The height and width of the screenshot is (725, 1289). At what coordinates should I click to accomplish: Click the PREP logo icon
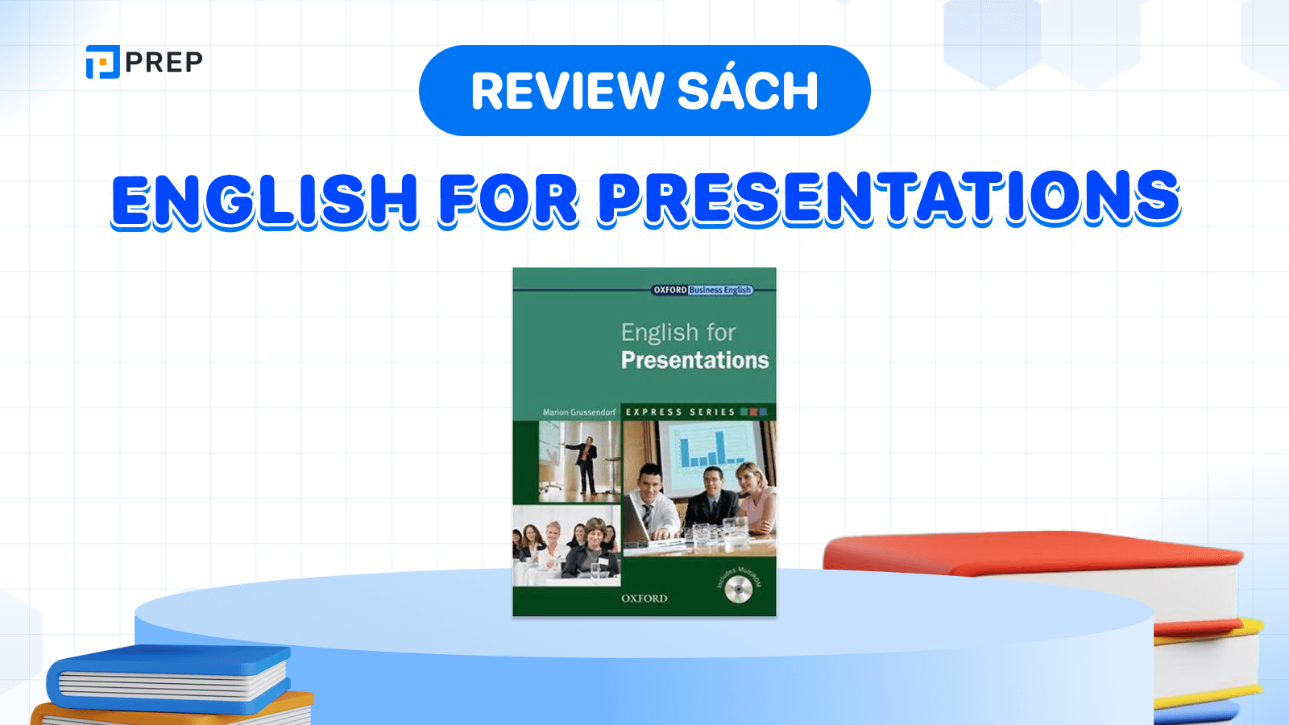click(x=102, y=62)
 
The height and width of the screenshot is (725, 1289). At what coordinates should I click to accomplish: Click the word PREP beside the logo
click(x=164, y=62)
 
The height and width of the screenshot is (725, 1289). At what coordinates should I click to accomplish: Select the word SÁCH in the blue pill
click(x=748, y=91)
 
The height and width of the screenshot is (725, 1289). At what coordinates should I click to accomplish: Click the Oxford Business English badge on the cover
click(x=702, y=290)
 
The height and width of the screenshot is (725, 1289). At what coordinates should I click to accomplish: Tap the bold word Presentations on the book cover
click(x=694, y=360)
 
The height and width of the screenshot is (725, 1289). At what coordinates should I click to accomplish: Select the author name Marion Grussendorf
click(x=578, y=412)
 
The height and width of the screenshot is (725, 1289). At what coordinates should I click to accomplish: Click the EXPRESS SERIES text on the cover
click(x=681, y=412)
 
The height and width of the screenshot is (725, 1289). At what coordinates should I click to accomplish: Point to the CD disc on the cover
click(x=737, y=592)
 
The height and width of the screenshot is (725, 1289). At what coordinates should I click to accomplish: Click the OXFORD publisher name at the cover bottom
click(x=644, y=599)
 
